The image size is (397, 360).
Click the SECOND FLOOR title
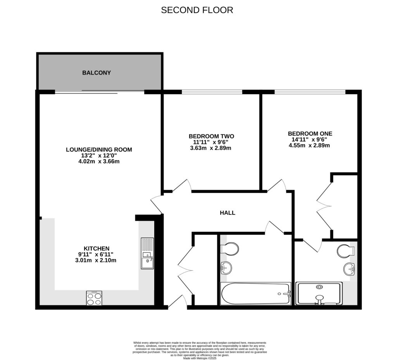tap(197, 10)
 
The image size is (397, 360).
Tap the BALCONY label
tap(97, 73)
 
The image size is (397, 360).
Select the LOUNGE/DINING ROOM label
tap(99, 149)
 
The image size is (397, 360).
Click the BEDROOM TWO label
tap(211, 136)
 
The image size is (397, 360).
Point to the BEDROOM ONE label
tap(310, 133)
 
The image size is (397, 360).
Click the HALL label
tap(228, 213)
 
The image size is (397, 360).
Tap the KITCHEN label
tap(97, 248)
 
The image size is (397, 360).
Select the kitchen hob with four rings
tap(94, 298)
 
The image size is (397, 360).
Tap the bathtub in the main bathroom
tap(255, 294)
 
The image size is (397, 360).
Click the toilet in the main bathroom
tap(229, 249)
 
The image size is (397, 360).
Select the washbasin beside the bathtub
tap(226, 267)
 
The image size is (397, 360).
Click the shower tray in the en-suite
tap(319, 293)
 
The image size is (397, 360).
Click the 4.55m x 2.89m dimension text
tap(309, 145)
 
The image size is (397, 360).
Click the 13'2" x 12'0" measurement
tap(99, 156)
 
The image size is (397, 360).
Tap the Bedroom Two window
tap(212, 92)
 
